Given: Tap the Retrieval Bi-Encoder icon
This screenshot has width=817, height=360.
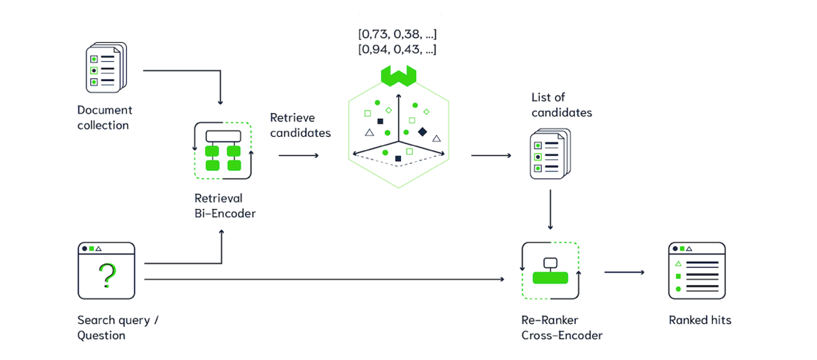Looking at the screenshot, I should [x=223, y=150].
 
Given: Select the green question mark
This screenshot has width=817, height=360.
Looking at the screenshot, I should [x=106, y=276].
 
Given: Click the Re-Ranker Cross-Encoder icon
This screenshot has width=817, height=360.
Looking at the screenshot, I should [x=549, y=271].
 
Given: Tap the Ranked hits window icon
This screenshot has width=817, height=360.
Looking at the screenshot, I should [x=696, y=271].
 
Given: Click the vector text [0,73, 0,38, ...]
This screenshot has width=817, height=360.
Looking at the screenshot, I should [x=398, y=33].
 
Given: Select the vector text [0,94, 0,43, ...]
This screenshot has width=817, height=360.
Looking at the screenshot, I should [x=398, y=50].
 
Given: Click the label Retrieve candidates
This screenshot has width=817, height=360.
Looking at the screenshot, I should [x=300, y=125].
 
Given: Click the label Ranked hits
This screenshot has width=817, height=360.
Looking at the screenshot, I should [x=700, y=320].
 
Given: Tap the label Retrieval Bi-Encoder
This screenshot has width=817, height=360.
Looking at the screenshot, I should [x=225, y=206].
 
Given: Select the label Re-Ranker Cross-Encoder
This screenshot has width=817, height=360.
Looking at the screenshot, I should [x=562, y=327].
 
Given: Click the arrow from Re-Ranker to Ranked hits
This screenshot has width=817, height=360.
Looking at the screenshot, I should [x=624, y=272].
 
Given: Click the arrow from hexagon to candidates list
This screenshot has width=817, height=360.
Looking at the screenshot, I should [x=491, y=155].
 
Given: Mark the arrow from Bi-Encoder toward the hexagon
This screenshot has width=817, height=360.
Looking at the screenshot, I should [x=298, y=155].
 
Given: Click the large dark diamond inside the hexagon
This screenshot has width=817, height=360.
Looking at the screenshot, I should [x=422, y=131].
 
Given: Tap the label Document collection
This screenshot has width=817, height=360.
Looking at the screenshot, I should [x=105, y=117].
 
